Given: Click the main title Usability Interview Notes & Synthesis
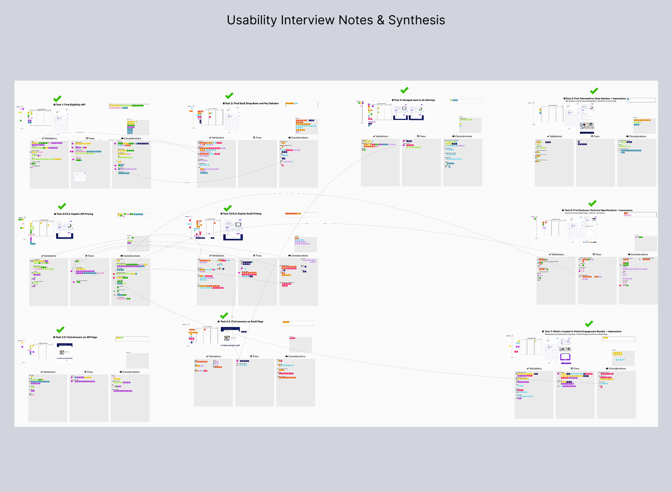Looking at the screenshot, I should pos(336,20).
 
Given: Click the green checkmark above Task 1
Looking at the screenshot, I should pos(57,99).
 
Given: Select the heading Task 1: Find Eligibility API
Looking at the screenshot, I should pos(70,105).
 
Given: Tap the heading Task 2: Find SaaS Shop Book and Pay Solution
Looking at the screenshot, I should pos(252,103).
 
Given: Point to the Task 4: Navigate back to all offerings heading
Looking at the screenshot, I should pos(415,100).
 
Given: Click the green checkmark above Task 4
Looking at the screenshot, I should pos(404,90).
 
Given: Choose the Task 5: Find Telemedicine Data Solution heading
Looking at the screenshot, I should pos(595,99).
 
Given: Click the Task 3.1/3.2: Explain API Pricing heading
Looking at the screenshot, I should pos(74,214).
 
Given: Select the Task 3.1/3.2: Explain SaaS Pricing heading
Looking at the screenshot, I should pos(242,214).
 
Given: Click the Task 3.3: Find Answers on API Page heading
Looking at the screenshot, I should pos(76,337).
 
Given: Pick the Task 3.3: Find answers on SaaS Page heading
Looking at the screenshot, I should pos(242,321).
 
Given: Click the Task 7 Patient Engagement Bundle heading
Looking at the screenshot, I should pos(583,331).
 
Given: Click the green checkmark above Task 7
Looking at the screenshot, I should pos(589,324).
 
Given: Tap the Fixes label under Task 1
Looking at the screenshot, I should pos(91,139).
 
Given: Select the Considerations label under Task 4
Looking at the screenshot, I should pos(463,136).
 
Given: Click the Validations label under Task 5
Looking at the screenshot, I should pos(556,136).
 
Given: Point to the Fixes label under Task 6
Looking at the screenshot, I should pos(598,255).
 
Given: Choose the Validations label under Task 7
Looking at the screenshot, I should pos(535,369).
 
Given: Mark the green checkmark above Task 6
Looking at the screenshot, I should pos(592,203).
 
